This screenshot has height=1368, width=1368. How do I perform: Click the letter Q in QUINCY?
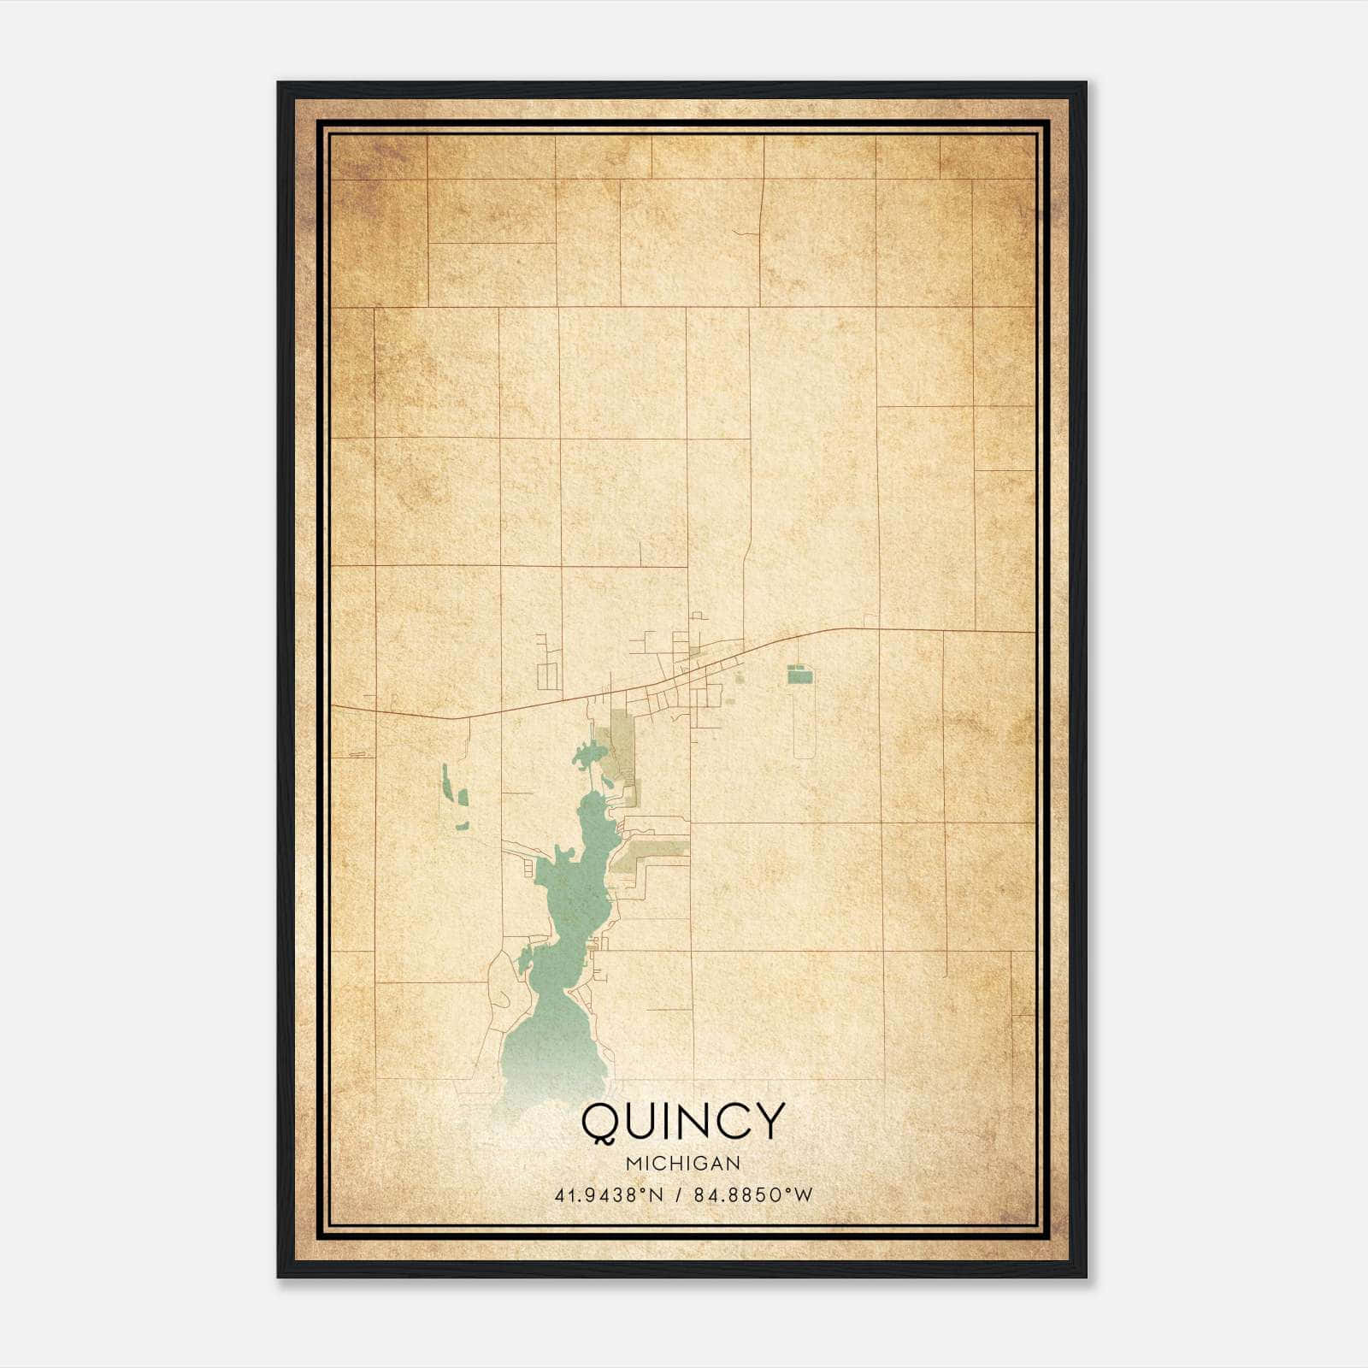tap(601, 1122)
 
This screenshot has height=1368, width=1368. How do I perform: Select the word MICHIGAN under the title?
tap(683, 1163)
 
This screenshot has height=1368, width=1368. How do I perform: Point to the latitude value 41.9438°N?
tap(609, 1194)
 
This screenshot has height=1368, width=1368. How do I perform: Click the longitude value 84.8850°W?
tap(752, 1194)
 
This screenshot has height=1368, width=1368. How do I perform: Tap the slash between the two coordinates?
tap(677, 1194)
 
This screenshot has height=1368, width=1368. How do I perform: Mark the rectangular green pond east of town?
tap(800, 677)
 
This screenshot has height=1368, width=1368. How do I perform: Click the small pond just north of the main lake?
tap(589, 756)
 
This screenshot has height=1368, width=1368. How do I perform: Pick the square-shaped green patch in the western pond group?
tap(463, 798)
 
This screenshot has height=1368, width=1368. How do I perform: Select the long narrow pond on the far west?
tap(445, 781)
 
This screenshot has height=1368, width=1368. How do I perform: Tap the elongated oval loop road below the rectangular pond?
tap(801, 722)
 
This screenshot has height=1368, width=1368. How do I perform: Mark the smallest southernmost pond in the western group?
tap(462, 827)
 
